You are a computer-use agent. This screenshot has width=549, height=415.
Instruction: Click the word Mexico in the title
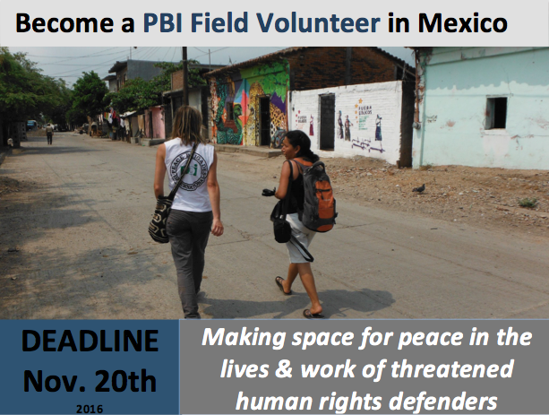click(462, 23)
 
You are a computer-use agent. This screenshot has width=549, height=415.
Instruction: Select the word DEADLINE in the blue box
click(90, 341)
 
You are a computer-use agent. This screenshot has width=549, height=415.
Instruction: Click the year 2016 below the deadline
click(90, 409)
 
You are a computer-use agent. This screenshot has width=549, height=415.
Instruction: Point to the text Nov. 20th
click(90, 381)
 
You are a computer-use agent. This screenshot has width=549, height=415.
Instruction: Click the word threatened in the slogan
click(452, 368)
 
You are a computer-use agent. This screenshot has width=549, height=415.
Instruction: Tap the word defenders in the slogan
click(443, 401)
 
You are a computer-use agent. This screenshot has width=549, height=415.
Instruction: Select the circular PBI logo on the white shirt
click(189, 170)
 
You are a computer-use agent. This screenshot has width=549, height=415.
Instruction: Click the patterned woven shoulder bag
click(160, 220)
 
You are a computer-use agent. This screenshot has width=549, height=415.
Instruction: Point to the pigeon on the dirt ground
click(419, 188)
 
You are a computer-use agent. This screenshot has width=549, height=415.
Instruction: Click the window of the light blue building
click(496, 113)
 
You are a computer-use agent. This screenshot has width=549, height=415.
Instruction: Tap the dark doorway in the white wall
click(327, 122)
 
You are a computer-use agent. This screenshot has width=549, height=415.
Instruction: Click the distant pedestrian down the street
click(49, 134)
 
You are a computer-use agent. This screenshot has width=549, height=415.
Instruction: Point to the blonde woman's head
click(188, 124)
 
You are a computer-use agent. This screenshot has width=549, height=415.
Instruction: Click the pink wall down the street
click(158, 122)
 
